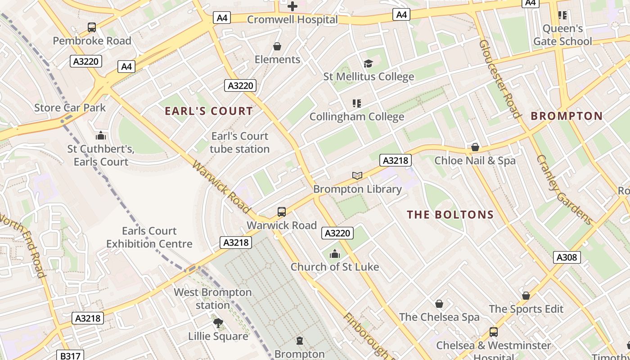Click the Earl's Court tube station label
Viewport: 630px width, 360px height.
(x=239, y=143)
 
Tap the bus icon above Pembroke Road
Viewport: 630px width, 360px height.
(x=92, y=27)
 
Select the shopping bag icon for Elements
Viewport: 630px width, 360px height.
(x=277, y=47)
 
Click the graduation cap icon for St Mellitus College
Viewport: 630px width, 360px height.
(x=368, y=64)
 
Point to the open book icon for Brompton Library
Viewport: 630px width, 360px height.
(x=357, y=176)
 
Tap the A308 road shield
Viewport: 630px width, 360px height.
(x=567, y=257)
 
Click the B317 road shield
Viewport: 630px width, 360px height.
(x=70, y=355)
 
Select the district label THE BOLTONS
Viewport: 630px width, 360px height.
(x=450, y=215)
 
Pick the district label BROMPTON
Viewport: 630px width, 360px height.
(x=567, y=116)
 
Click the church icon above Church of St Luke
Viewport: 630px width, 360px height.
(x=334, y=254)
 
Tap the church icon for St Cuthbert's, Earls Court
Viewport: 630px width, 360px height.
(x=101, y=135)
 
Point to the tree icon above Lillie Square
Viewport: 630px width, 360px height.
(x=218, y=323)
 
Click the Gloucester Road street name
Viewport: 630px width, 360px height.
(x=499, y=79)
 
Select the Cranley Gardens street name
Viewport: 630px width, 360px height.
(x=564, y=189)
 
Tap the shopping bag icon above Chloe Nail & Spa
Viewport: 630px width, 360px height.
(x=475, y=148)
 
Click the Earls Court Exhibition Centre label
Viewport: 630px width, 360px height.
(x=149, y=238)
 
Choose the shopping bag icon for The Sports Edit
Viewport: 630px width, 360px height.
(x=526, y=296)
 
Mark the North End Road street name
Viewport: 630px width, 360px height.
(x=22, y=245)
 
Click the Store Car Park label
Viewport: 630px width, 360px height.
(x=70, y=108)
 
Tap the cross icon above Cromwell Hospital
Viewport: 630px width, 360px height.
(x=292, y=6)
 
